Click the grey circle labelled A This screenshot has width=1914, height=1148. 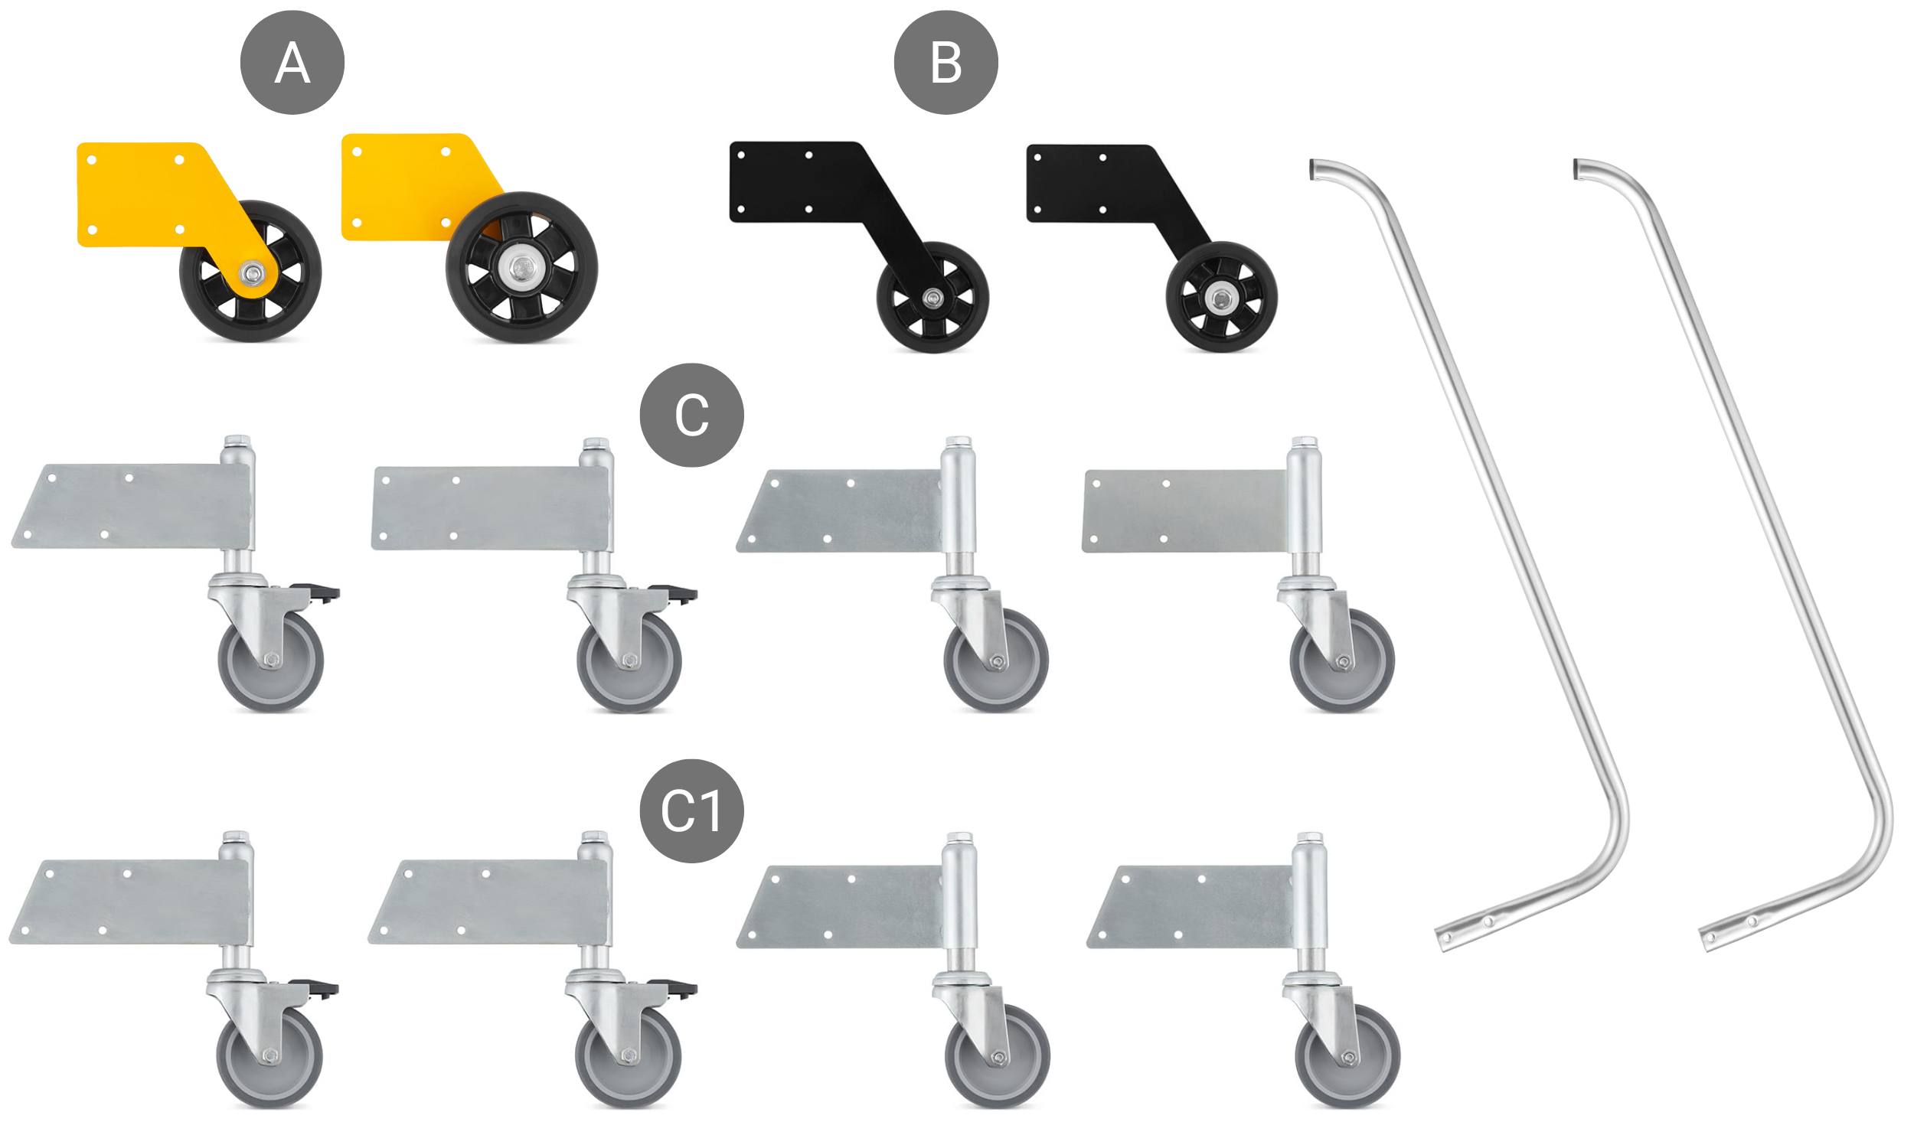pos(292,63)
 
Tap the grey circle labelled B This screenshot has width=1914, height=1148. pos(945,63)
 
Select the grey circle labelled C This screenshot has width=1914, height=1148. pos(691,416)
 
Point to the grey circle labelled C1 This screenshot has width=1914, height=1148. pos(691,810)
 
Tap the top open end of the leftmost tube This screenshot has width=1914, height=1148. pos(1313,169)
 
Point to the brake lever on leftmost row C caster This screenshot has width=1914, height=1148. pos(321,593)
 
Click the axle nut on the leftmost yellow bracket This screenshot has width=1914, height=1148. pos(250,272)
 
